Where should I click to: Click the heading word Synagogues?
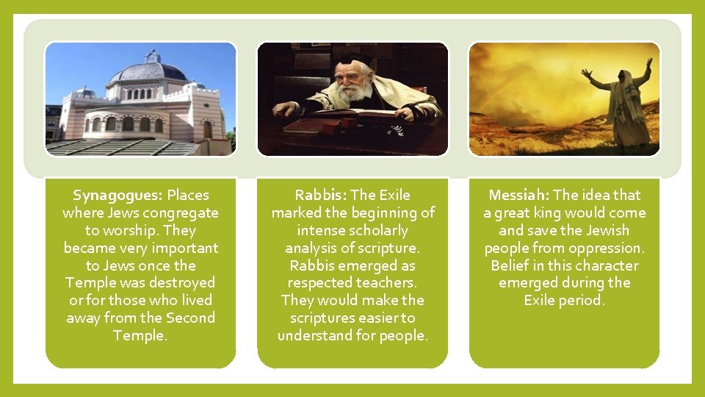[x=118, y=196]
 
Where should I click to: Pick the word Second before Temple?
[x=191, y=318]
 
